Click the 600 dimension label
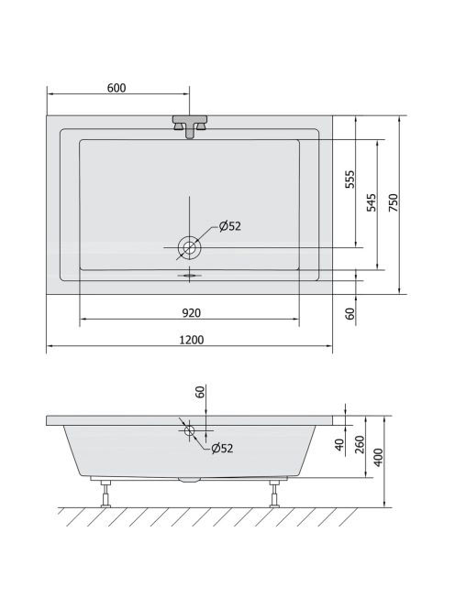(117, 88)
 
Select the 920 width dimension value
(192, 312)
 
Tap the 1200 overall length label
(192, 340)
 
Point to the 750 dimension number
(394, 202)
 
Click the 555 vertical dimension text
(350, 179)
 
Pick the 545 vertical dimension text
(372, 202)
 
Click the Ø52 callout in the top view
(230, 226)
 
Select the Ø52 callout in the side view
(222, 449)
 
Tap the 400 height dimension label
(378, 457)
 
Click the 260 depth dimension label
(360, 444)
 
